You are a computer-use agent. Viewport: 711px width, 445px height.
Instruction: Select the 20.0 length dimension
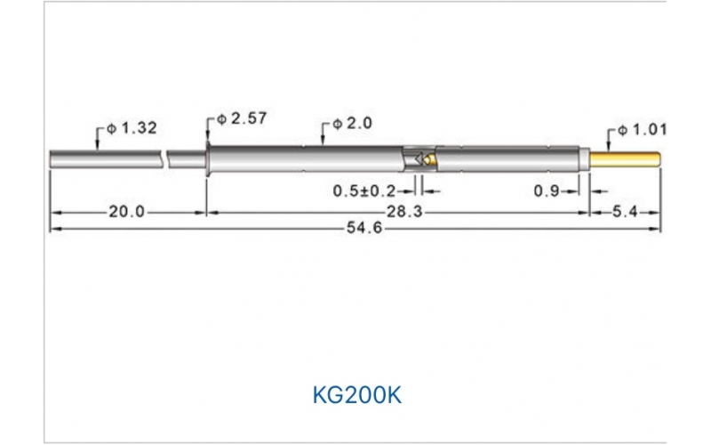tap(126, 212)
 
